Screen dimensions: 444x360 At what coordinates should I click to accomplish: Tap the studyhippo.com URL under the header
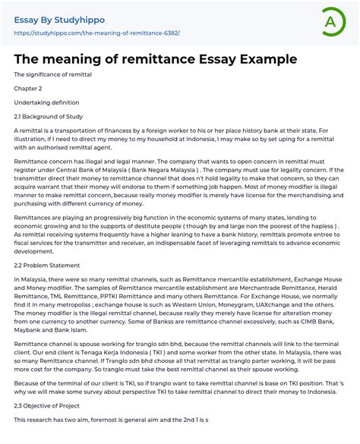[x=97, y=33]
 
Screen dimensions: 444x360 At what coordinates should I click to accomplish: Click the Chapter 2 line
[x=27, y=89]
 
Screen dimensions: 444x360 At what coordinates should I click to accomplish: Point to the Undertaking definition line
[x=46, y=102]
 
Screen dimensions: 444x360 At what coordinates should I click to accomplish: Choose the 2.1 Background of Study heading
[x=49, y=116]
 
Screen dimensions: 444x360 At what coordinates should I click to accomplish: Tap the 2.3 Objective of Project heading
[x=48, y=405]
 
